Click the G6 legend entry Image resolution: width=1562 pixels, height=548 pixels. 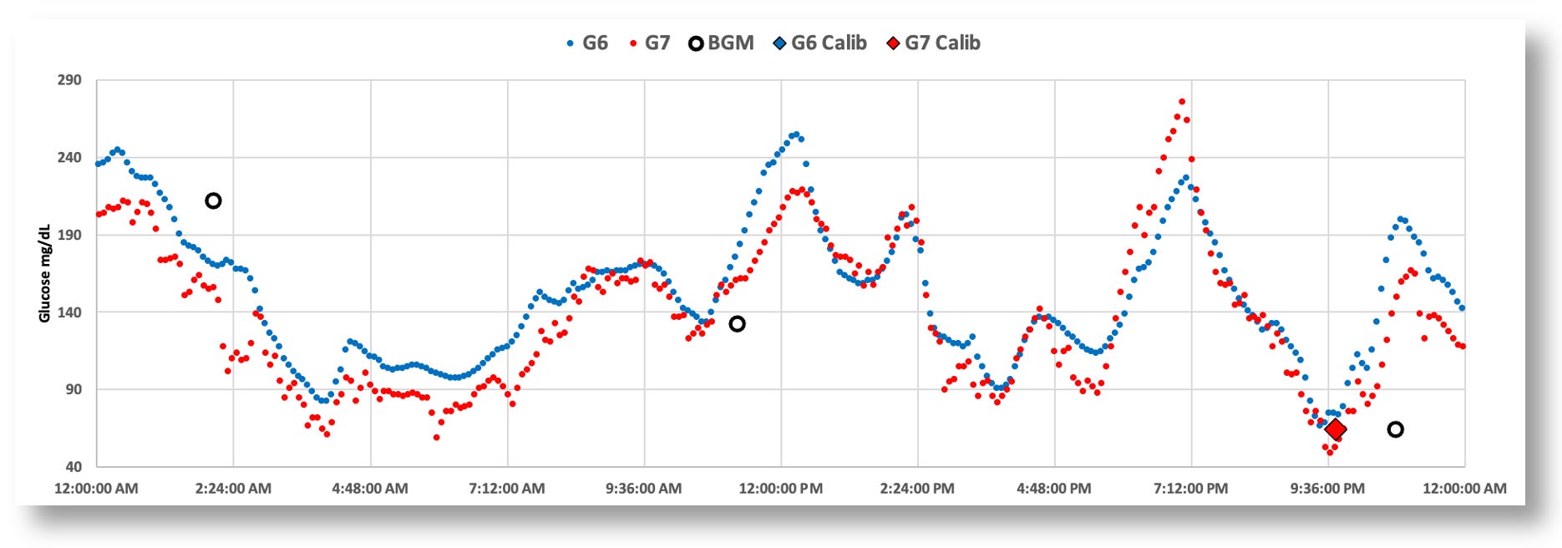pyautogui.click(x=587, y=43)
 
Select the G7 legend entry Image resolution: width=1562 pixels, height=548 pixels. pyautogui.click(x=650, y=43)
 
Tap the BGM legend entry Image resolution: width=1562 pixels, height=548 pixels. pyautogui.click(x=721, y=43)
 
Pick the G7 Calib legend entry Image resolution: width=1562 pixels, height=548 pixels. pyautogui.click(x=933, y=43)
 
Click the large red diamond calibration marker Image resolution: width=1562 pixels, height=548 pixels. pyautogui.click(x=1336, y=429)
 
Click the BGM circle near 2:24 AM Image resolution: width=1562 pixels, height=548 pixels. pyautogui.click(x=213, y=200)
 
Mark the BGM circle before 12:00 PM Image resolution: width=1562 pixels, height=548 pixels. pyautogui.click(x=737, y=323)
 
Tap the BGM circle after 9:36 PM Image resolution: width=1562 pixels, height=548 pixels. pyautogui.click(x=1395, y=429)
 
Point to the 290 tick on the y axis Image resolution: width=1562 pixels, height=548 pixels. pyautogui.click(x=69, y=80)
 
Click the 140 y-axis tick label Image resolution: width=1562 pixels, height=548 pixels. pyautogui.click(x=69, y=312)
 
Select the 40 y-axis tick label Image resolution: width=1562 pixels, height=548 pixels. pyautogui.click(x=72, y=466)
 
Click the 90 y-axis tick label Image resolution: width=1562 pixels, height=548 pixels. pyautogui.click(x=72, y=389)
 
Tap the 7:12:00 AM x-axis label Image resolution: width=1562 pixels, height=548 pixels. pyautogui.click(x=506, y=489)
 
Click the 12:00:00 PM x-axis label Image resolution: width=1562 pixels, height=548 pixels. pyautogui.click(x=780, y=489)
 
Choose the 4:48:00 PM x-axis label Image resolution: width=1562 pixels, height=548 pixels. pyautogui.click(x=1053, y=489)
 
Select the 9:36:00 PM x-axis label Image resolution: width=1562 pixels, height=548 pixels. pyautogui.click(x=1327, y=489)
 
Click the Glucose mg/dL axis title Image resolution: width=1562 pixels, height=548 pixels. pyautogui.click(x=45, y=273)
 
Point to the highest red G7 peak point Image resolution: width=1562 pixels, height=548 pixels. pyautogui.click(x=1182, y=102)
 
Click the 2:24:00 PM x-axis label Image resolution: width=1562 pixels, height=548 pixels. pyautogui.click(x=916, y=489)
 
